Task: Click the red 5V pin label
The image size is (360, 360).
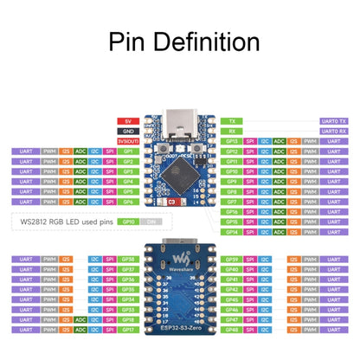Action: (x=126, y=121)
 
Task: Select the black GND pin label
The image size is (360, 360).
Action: (x=126, y=131)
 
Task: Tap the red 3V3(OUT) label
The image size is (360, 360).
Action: (x=126, y=141)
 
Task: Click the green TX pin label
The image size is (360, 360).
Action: (x=232, y=121)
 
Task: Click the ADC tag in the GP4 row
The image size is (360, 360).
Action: (x=80, y=182)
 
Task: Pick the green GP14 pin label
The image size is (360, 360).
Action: (x=232, y=232)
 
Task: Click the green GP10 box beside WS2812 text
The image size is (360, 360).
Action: (x=127, y=222)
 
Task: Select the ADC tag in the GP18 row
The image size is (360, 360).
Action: (x=80, y=319)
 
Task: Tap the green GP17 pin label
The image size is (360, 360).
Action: (x=127, y=330)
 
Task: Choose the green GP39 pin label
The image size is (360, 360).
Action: (x=232, y=259)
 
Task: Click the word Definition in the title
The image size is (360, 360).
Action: (x=209, y=42)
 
